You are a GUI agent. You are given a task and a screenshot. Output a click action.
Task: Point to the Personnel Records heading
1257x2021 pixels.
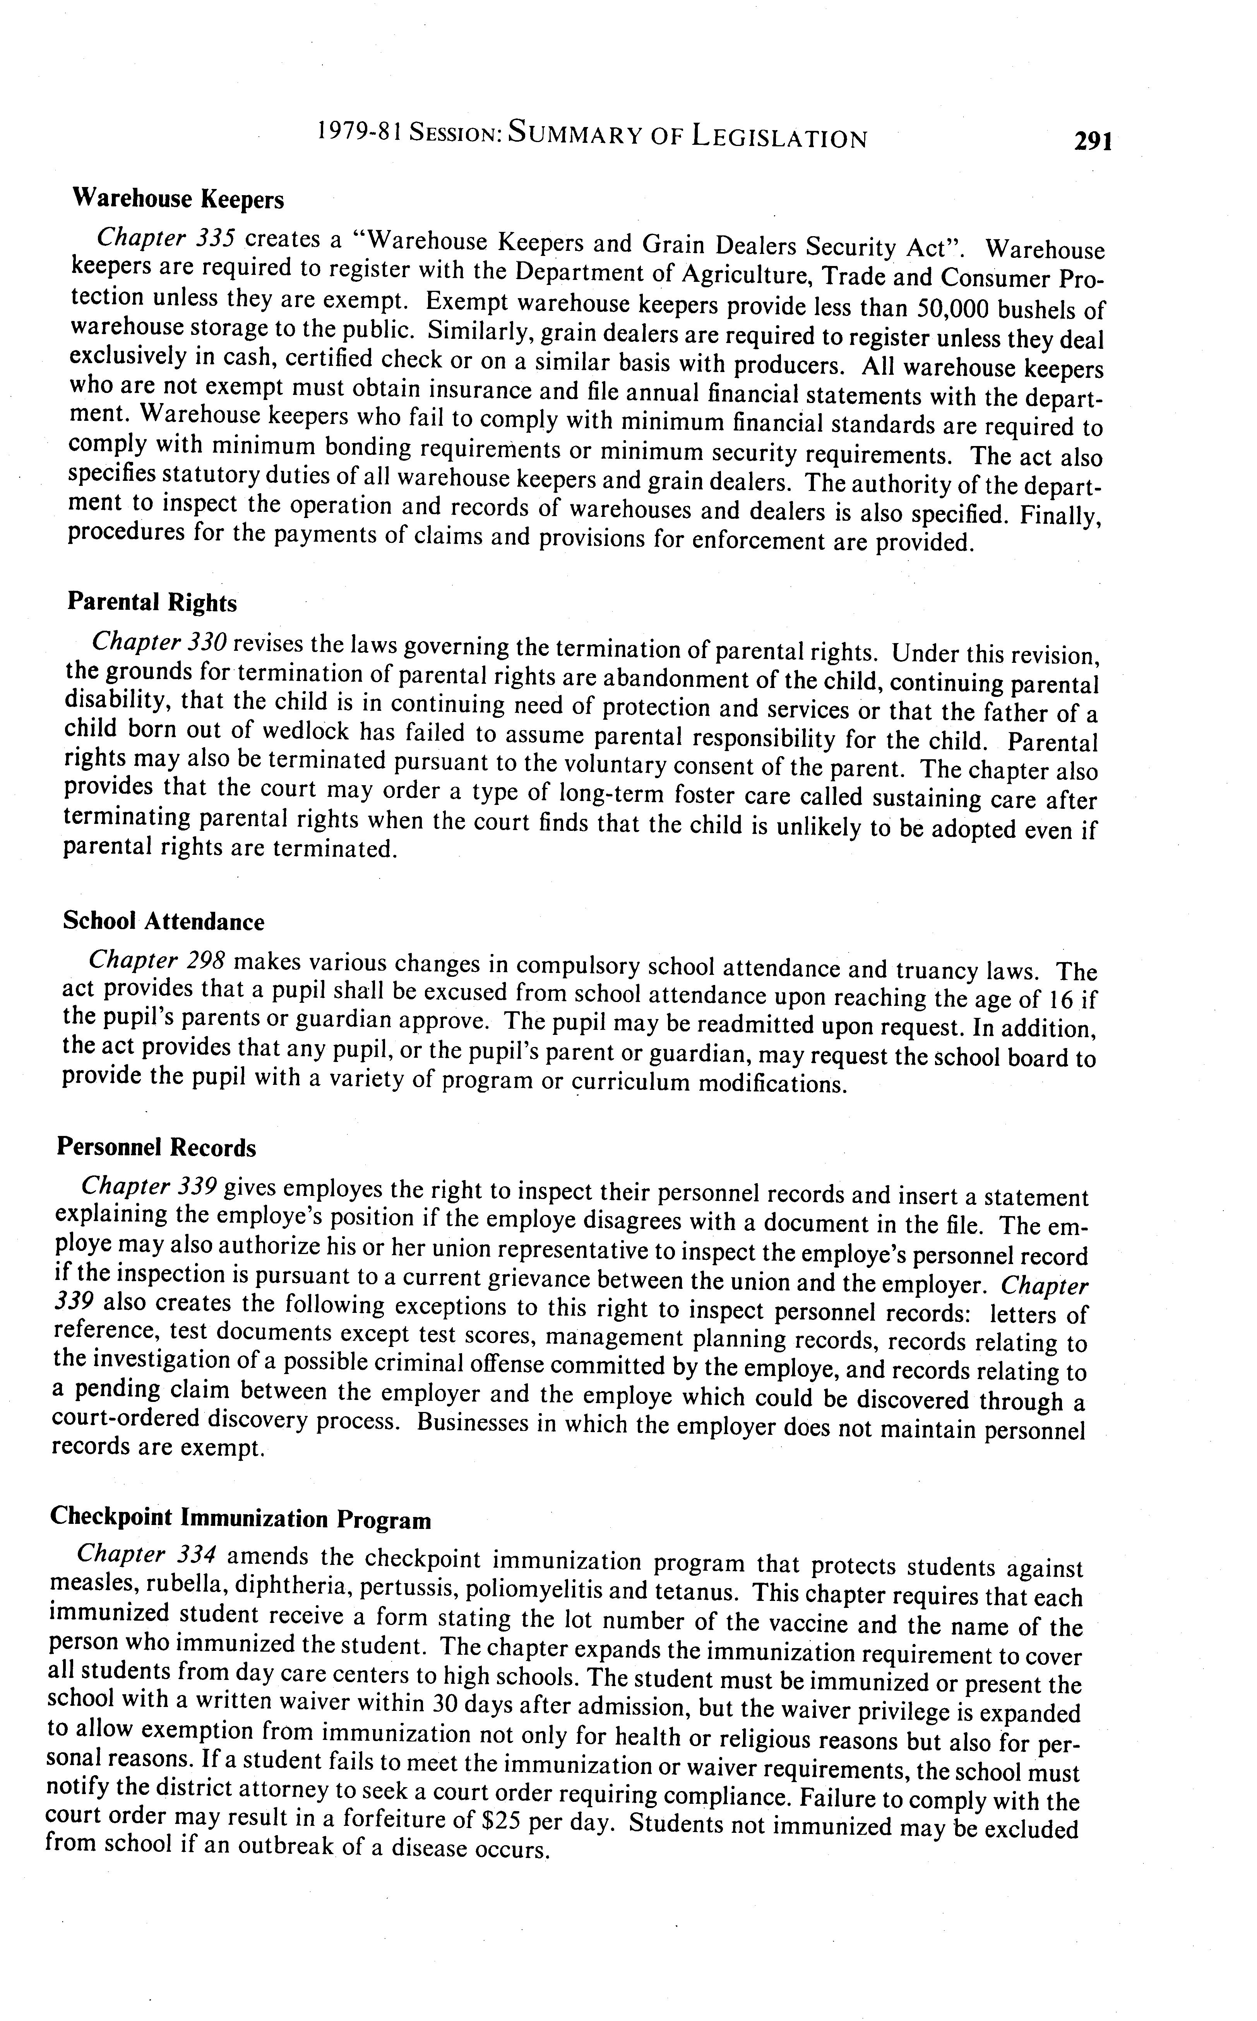pyautogui.click(x=156, y=1148)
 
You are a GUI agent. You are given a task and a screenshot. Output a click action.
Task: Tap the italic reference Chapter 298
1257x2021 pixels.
pyautogui.click(x=156, y=961)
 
